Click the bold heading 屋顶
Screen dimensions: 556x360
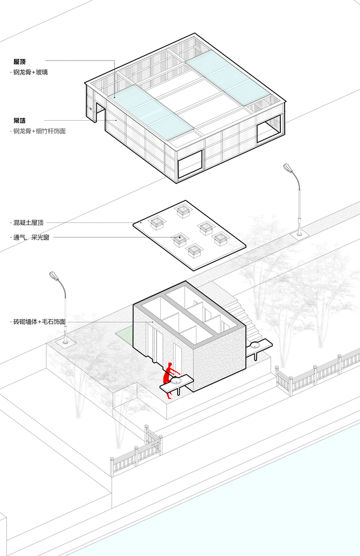point(21,61)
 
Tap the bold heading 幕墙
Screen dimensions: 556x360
point(21,120)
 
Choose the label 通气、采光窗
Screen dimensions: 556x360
point(31,237)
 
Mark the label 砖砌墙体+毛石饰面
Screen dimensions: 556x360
point(40,322)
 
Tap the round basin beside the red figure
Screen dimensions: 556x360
point(176,381)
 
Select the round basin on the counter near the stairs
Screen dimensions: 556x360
point(255,346)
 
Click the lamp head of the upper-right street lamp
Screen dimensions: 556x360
point(289,168)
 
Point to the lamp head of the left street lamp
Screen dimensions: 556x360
point(55,276)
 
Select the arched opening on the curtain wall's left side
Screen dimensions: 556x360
point(99,114)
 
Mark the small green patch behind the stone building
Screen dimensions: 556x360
point(124,335)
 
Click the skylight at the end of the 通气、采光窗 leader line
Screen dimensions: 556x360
point(179,240)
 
